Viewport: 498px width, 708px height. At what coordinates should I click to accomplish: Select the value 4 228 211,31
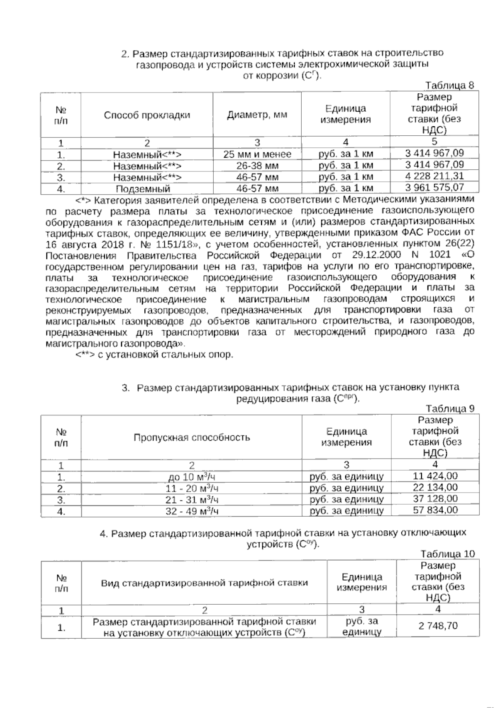point(434,176)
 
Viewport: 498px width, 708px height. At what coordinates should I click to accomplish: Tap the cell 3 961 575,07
point(434,188)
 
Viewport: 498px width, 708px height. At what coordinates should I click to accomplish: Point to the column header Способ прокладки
point(147,115)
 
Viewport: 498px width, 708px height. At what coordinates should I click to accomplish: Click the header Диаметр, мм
point(257,115)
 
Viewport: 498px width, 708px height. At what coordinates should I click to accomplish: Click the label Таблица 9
point(450,408)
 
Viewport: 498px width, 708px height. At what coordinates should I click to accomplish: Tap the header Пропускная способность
point(191,438)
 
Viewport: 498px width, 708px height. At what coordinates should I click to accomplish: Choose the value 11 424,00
point(436,476)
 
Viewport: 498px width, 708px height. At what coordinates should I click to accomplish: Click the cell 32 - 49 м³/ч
point(191,511)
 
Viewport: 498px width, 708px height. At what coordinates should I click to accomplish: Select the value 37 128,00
point(436,499)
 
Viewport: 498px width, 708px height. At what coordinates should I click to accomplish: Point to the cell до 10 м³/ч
point(191,477)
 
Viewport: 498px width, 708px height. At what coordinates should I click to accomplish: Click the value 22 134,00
point(436,487)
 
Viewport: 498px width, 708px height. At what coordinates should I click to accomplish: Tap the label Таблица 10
point(447,554)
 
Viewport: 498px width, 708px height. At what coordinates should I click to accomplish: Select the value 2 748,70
point(438,625)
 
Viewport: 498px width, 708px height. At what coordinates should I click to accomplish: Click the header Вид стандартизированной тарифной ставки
point(205,583)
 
